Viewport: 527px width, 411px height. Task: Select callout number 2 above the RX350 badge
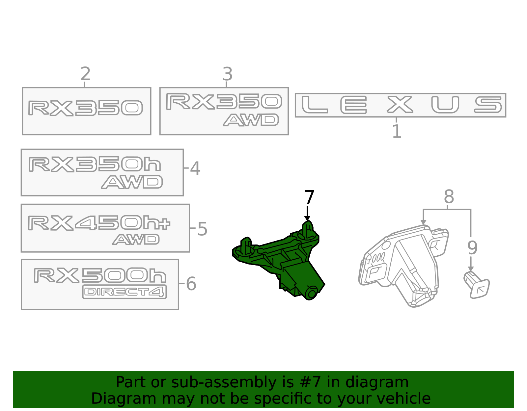(x=85, y=74)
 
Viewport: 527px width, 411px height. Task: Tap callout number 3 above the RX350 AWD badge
(x=228, y=74)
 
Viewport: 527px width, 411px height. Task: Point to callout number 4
(x=195, y=168)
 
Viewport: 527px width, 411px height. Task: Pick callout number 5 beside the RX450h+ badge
(x=202, y=229)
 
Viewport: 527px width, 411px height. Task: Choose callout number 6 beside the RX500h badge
(x=191, y=284)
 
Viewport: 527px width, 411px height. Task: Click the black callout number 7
(x=309, y=197)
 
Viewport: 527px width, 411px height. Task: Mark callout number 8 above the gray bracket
(x=449, y=196)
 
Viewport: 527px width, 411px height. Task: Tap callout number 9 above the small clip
(x=472, y=248)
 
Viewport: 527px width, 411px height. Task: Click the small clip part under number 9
(x=476, y=285)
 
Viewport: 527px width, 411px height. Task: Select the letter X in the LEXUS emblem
(x=400, y=104)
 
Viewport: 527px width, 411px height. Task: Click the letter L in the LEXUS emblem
(x=315, y=105)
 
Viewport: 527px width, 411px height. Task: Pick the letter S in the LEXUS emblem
(x=488, y=104)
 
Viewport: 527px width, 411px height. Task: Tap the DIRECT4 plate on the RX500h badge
(x=125, y=292)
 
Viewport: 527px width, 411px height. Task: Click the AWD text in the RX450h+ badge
(x=136, y=240)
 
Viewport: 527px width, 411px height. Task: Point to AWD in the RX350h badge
(x=132, y=182)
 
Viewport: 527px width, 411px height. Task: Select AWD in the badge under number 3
(x=251, y=120)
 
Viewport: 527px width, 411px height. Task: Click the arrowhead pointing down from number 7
(x=307, y=219)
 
